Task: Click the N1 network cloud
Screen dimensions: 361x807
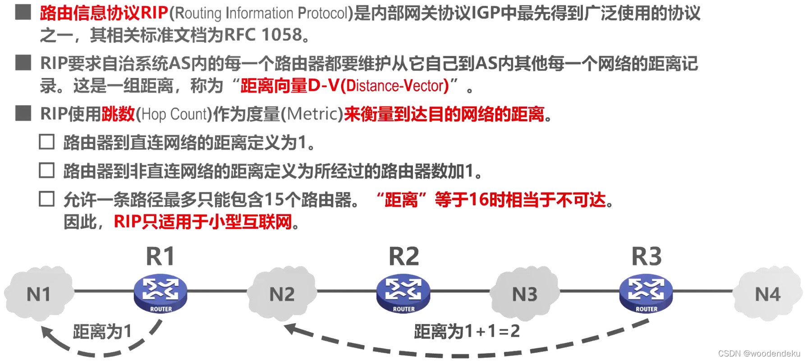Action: tap(39, 294)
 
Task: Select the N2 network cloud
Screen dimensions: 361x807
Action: tap(282, 294)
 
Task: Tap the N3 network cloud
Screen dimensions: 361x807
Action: tap(525, 294)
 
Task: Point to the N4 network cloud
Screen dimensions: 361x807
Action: tap(767, 294)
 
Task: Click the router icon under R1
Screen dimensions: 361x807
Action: tap(160, 293)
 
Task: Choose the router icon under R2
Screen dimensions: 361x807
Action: tap(403, 293)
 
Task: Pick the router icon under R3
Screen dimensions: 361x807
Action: tap(646, 293)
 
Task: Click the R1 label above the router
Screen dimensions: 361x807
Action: tap(160, 256)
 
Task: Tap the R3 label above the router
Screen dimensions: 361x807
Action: tap(647, 256)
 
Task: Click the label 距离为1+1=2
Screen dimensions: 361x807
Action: tap(467, 331)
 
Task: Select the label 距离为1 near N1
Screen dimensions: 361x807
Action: tap(102, 331)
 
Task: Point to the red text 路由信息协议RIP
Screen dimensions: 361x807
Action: tap(104, 13)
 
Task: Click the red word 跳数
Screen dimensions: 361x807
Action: tap(118, 114)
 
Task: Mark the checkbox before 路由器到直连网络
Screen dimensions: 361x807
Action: tap(47, 142)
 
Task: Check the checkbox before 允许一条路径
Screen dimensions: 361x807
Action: tap(47, 199)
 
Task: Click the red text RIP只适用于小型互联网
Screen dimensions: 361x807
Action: tap(203, 222)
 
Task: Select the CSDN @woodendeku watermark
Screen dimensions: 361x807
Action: tap(759, 353)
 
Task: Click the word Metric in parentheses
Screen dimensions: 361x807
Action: tap(312, 114)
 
